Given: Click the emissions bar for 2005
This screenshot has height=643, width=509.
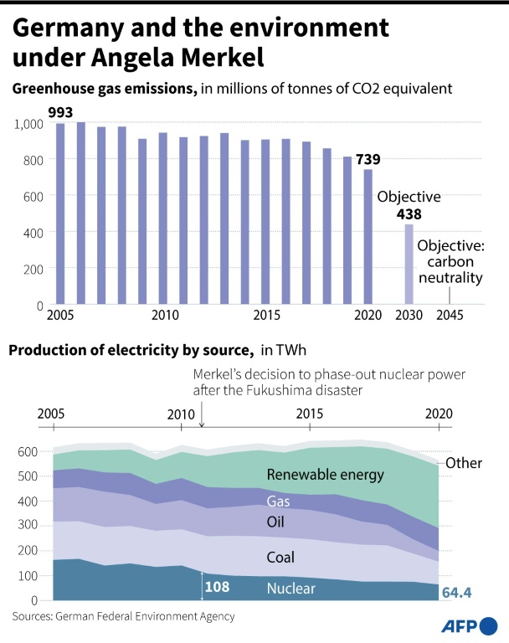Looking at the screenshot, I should pos(59,213).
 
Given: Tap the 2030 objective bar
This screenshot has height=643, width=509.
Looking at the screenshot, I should pos(409,265).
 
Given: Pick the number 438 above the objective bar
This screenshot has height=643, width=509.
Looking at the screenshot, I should pos(409,214).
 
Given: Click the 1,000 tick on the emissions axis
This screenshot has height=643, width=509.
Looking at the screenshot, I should pos(28,124).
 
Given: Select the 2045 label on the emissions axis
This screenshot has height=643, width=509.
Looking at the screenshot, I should pos(449,316).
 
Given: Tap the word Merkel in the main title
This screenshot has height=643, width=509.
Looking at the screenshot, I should pos(219,59).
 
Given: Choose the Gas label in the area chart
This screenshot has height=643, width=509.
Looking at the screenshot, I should pos(278,501).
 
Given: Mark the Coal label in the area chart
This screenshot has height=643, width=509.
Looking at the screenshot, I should pos(281,557).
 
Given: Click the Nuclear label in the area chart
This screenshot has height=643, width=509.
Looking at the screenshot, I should pos(290,589).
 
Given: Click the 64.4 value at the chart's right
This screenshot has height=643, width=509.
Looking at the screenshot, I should pos(457,593).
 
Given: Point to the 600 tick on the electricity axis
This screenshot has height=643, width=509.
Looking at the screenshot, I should pos(28,452).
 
